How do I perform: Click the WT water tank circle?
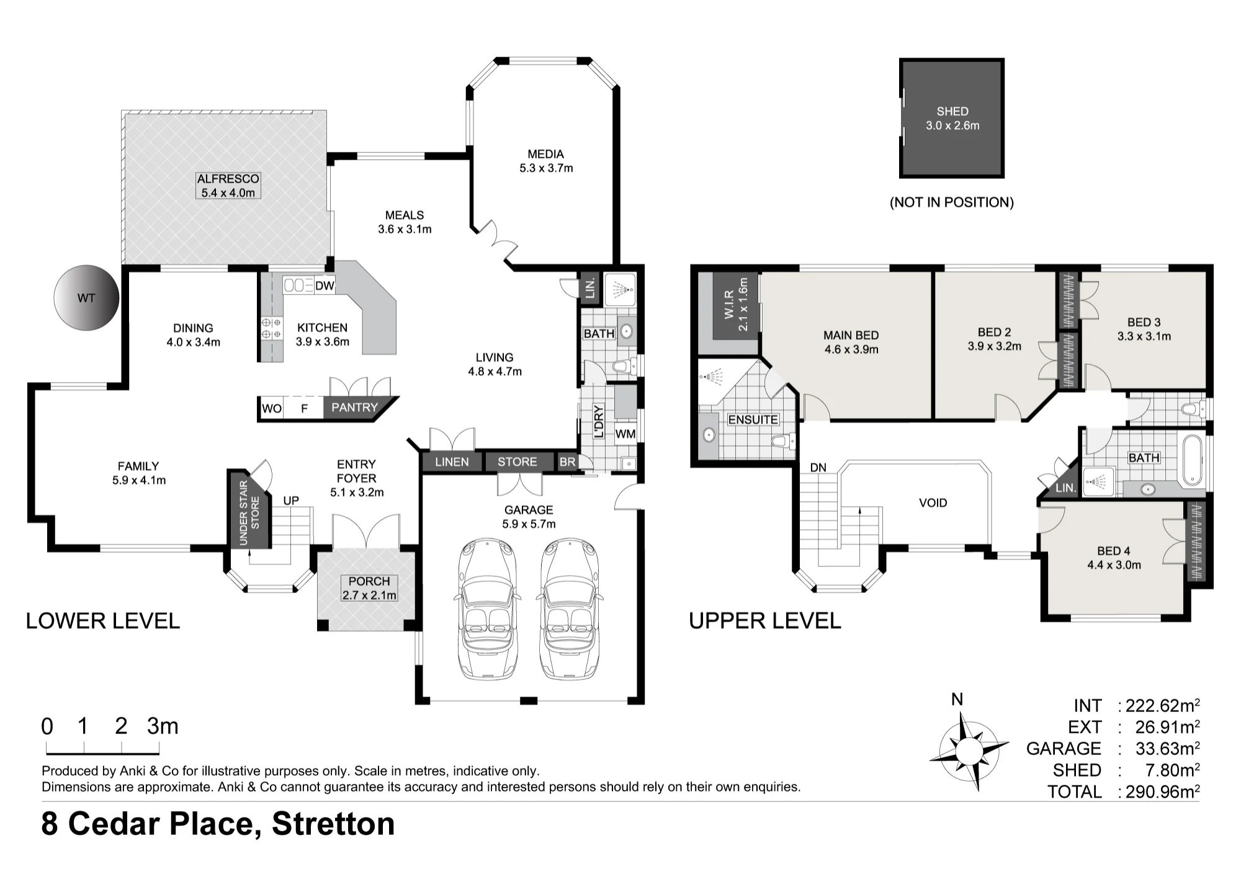(x=86, y=298)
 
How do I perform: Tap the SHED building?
(x=952, y=118)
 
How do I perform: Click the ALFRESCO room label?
(x=228, y=179)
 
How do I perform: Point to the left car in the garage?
(x=487, y=610)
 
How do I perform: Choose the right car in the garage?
(x=569, y=610)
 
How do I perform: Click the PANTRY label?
(x=354, y=407)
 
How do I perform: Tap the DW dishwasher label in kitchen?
(x=325, y=286)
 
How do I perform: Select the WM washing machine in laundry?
(x=625, y=434)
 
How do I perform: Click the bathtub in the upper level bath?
(x=1193, y=460)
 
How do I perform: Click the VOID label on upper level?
(x=933, y=503)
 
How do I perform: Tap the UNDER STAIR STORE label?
(x=249, y=512)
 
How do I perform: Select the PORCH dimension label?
(x=369, y=595)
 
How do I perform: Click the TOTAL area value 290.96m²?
(x=1162, y=791)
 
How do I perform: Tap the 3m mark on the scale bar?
(x=163, y=726)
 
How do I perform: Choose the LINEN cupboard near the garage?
(x=452, y=461)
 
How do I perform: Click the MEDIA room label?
(x=545, y=154)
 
